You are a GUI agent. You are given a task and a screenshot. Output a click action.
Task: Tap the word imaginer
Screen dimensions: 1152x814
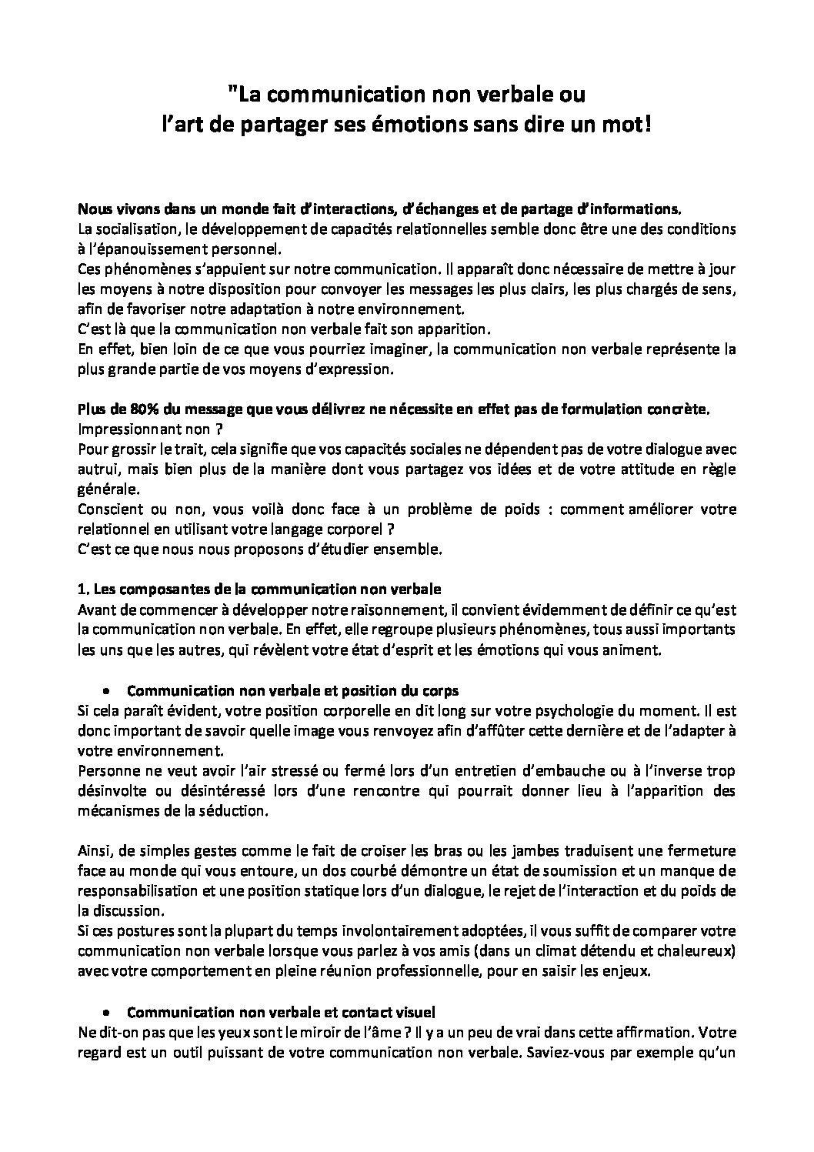pyautogui.click(x=395, y=349)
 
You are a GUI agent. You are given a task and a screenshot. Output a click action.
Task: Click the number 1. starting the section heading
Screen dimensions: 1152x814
pyautogui.click(x=83, y=589)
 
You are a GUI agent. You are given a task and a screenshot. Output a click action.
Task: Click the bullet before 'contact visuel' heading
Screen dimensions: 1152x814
pyautogui.click(x=108, y=1010)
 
